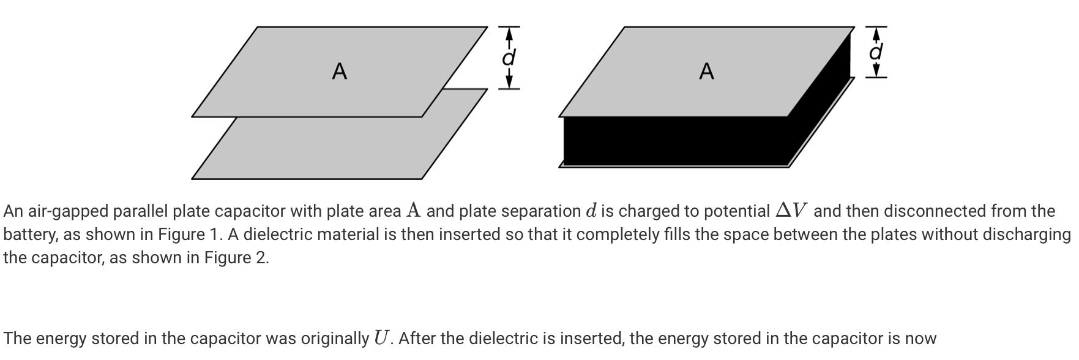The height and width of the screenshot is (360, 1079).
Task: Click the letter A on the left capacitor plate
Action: pyautogui.click(x=340, y=72)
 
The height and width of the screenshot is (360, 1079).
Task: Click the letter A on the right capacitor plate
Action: pyautogui.click(x=706, y=72)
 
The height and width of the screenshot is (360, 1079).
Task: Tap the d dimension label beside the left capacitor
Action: pyautogui.click(x=509, y=58)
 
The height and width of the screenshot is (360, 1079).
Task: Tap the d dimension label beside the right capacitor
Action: pyautogui.click(x=876, y=52)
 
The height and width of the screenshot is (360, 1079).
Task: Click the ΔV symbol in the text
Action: pyautogui.click(x=791, y=211)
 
